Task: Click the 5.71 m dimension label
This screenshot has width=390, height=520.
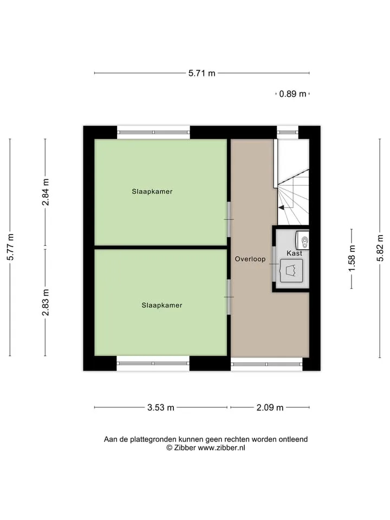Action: (201, 73)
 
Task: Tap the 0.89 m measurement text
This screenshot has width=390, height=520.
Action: (292, 94)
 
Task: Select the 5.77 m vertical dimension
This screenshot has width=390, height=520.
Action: (11, 247)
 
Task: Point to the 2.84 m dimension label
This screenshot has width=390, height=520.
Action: (45, 192)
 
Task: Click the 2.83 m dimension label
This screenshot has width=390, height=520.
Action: (45, 302)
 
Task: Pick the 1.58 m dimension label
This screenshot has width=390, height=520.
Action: (352, 258)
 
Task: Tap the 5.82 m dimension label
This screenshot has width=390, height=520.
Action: (380, 248)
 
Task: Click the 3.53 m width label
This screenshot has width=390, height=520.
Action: (160, 407)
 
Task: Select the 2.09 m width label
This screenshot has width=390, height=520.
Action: (270, 407)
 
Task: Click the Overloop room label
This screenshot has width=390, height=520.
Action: (250, 259)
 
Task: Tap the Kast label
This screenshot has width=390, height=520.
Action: (295, 253)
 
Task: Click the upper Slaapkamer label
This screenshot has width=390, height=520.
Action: (152, 191)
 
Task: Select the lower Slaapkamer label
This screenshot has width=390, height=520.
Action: (162, 305)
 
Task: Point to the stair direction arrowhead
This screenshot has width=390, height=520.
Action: (281, 208)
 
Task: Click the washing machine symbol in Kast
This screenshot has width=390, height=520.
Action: (291, 270)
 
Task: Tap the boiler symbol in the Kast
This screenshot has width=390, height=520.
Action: (302, 240)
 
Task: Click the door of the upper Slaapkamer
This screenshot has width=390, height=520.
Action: (229, 219)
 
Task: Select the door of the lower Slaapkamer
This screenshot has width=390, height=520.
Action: (229, 297)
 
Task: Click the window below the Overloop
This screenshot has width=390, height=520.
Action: (266, 364)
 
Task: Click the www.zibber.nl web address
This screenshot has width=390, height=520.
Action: (222, 448)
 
